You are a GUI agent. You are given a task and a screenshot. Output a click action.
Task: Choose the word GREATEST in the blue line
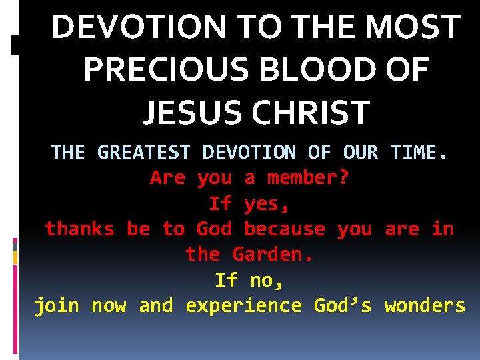coord(143,153)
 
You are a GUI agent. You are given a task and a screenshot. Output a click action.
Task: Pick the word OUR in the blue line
coord(360,153)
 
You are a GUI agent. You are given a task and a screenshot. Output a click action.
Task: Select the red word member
coord(308,178)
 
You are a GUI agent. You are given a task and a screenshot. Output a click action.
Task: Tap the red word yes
coord(267,203)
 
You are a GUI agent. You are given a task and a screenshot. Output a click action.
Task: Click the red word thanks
coord(79,229)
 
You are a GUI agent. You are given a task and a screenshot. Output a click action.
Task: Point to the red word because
coord(285,229)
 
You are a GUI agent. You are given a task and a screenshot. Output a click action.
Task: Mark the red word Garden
coord(273,254)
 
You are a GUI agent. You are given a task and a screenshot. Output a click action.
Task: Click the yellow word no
coord(267,281)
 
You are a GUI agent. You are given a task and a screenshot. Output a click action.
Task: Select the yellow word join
coord(57,306)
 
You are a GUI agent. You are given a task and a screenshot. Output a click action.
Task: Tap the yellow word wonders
coord(425,306)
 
